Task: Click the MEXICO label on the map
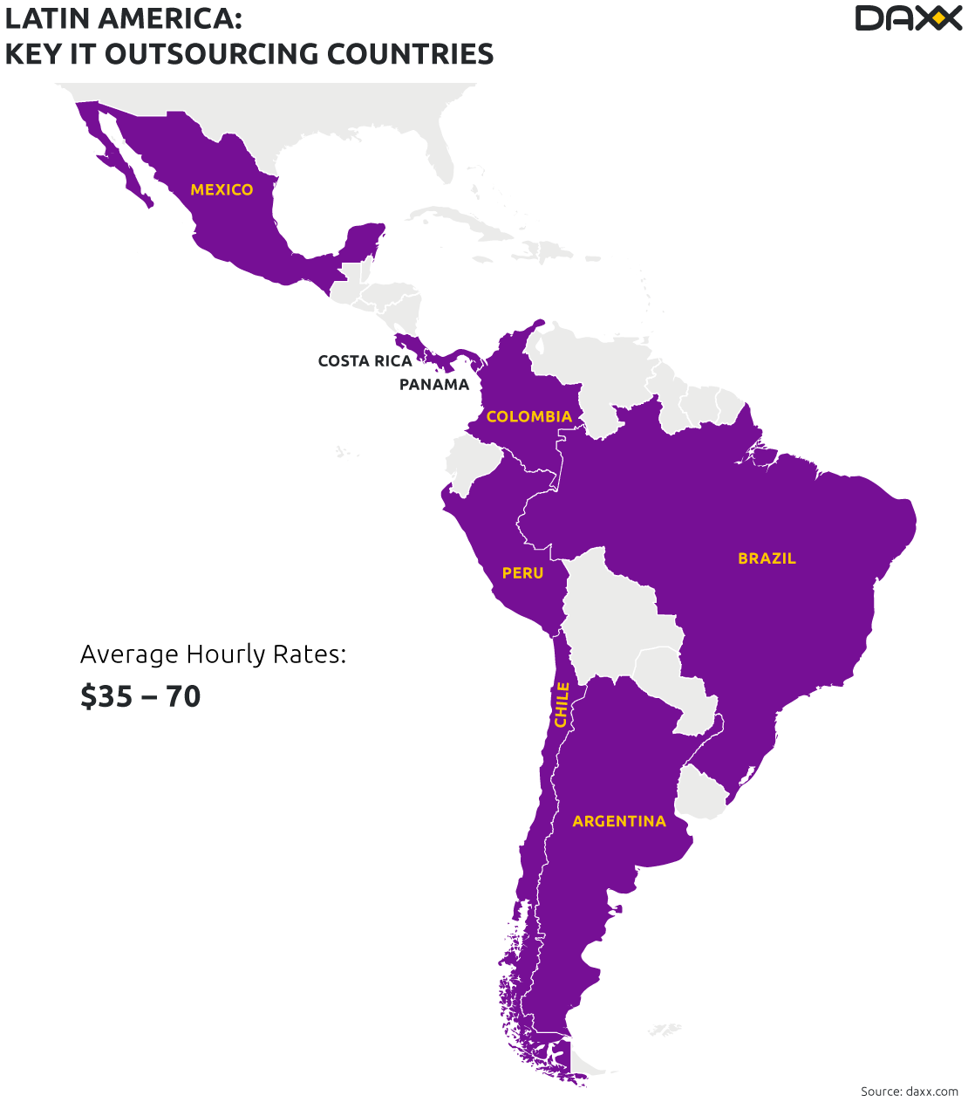[x=222, y=190]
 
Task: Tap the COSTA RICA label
[x=364, y=361]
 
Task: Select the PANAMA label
[x=433, y=385]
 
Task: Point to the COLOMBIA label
[x=528, y=417]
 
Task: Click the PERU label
[x=522, y=573]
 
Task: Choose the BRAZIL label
[x=767, y=558]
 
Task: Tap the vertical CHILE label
[x=562, y=704]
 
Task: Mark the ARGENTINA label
[x=618, y=821]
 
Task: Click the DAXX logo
[x=907, y=18]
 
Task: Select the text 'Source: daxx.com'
[x=909, y=1092]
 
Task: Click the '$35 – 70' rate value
[x=140, y=696]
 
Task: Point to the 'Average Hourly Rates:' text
[x=213, y=654]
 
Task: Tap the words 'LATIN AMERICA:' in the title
[x=124, y=18]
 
